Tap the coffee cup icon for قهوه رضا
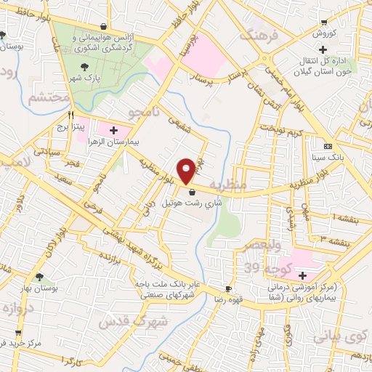229,288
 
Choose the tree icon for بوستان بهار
38,276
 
